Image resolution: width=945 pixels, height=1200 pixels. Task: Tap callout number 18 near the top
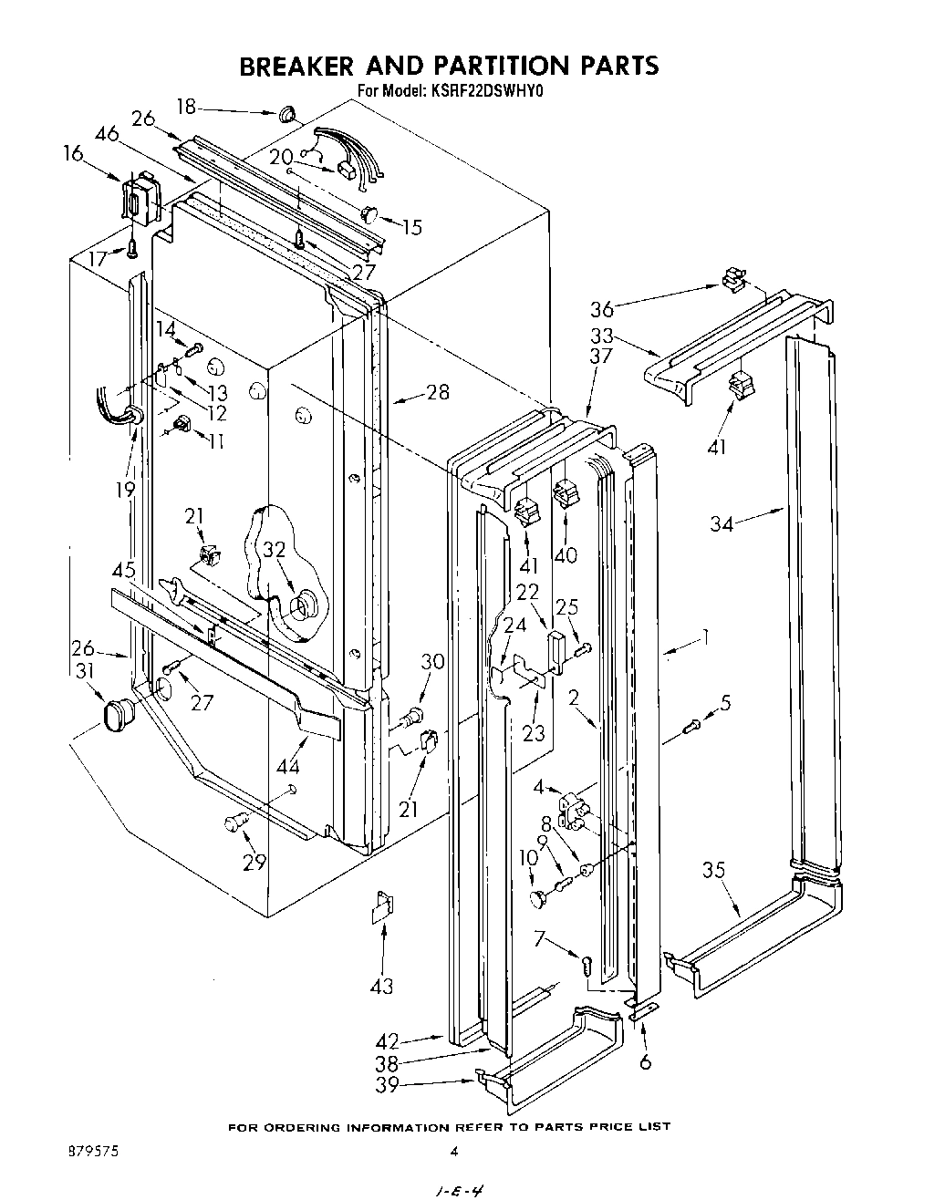tap(186, 108)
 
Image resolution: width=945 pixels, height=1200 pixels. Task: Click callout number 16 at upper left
tap(72, 154)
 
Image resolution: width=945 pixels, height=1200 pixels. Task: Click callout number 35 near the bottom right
tap(713, 871)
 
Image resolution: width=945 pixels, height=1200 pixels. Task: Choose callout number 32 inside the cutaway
tap(275, 550)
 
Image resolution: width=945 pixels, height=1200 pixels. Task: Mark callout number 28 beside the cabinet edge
tap(438, 393)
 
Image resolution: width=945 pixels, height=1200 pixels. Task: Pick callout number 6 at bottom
tap(645, 1062)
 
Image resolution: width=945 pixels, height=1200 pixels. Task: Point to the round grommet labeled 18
tap(286, 115)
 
